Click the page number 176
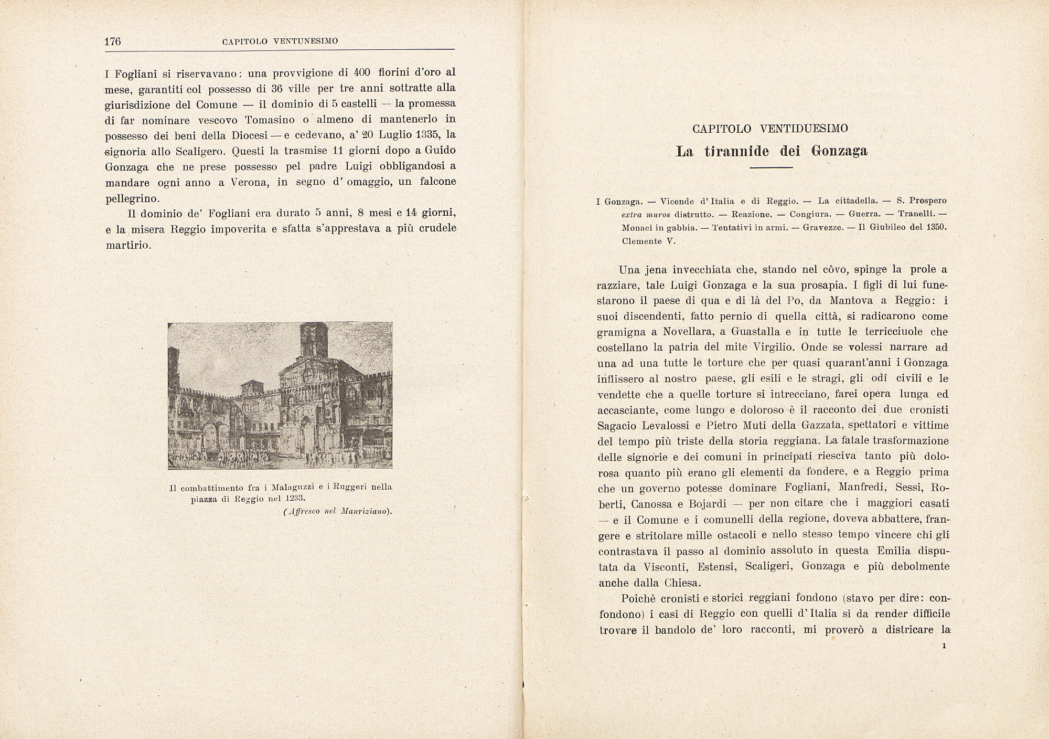coord(113,41)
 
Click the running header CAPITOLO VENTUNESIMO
coord(280,41)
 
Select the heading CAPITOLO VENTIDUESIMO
coord(770,129)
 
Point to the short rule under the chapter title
coord(770,167)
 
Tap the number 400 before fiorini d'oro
coord(362,72)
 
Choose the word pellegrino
coord(132,198)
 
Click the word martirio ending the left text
coord(129,245)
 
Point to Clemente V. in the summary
coord(649,241)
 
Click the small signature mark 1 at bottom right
coord(944,646)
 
